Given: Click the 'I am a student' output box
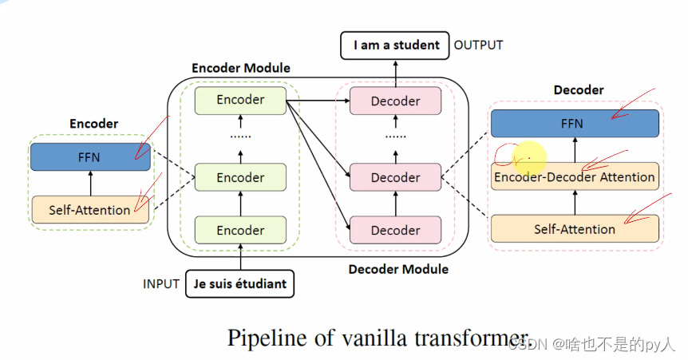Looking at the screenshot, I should pos(396,45).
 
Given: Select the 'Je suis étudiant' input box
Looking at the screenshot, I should pos(239,283).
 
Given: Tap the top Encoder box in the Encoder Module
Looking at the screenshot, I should pos(240,100).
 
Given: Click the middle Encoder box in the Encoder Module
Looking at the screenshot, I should pos(240,176).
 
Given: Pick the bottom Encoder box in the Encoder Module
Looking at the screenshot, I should pos(240,231).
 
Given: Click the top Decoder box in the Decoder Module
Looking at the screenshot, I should pos(395,101).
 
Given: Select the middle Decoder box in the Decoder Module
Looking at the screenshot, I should pos(395,176).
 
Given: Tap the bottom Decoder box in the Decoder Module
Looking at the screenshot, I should pos(395,231).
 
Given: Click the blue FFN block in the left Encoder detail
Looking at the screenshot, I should pos(89,156).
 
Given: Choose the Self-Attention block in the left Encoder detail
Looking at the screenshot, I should pos(89,210).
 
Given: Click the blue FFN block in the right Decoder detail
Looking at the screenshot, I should pos(575,123).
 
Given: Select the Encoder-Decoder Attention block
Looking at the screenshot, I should pos(575,176).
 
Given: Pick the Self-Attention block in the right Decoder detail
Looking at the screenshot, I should pos(575,229).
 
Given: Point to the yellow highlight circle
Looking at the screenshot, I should pos(528,156).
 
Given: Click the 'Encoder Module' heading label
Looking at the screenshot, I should pos(241,69).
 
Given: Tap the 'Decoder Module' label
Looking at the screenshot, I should pos(398,270).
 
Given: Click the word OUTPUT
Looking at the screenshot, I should pos(479,45).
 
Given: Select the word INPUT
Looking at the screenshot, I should pos(161,283).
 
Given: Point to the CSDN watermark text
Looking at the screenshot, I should pos(591,345).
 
